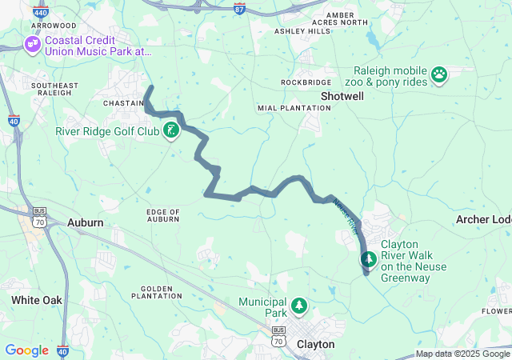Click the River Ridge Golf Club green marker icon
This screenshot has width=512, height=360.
[170, 130]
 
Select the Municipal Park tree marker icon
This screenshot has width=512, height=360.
[298, 305]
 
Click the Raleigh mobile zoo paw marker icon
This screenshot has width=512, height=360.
[438, 75]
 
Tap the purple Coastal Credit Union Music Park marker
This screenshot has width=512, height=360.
[33, 44]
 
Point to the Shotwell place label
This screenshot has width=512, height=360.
[342, 96]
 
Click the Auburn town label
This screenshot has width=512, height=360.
[85, 222]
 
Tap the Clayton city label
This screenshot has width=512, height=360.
[315, 344]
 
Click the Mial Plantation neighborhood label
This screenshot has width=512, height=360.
[283, 108]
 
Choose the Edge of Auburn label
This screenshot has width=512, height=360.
[163, 214]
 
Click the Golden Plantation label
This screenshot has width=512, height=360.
[162, 292]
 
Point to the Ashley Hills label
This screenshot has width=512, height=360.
[302, 31]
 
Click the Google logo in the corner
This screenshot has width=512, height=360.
[26, 350]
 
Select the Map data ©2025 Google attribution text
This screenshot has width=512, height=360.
[462, 354]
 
